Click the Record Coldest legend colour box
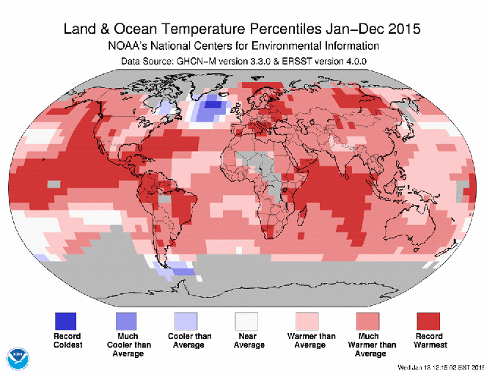65,320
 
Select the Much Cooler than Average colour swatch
125,320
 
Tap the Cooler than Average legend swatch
186,320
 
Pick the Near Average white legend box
246,320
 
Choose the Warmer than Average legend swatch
307,320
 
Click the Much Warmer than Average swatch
367,320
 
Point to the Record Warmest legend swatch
428,320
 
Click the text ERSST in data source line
297,61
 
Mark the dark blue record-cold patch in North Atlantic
213,104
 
